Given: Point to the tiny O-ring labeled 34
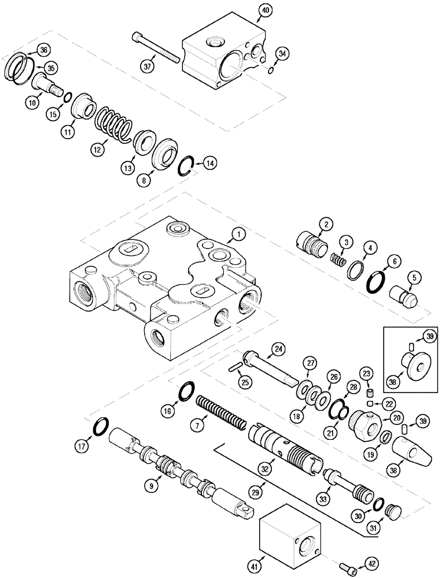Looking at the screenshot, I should click(x=271, y=71).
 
